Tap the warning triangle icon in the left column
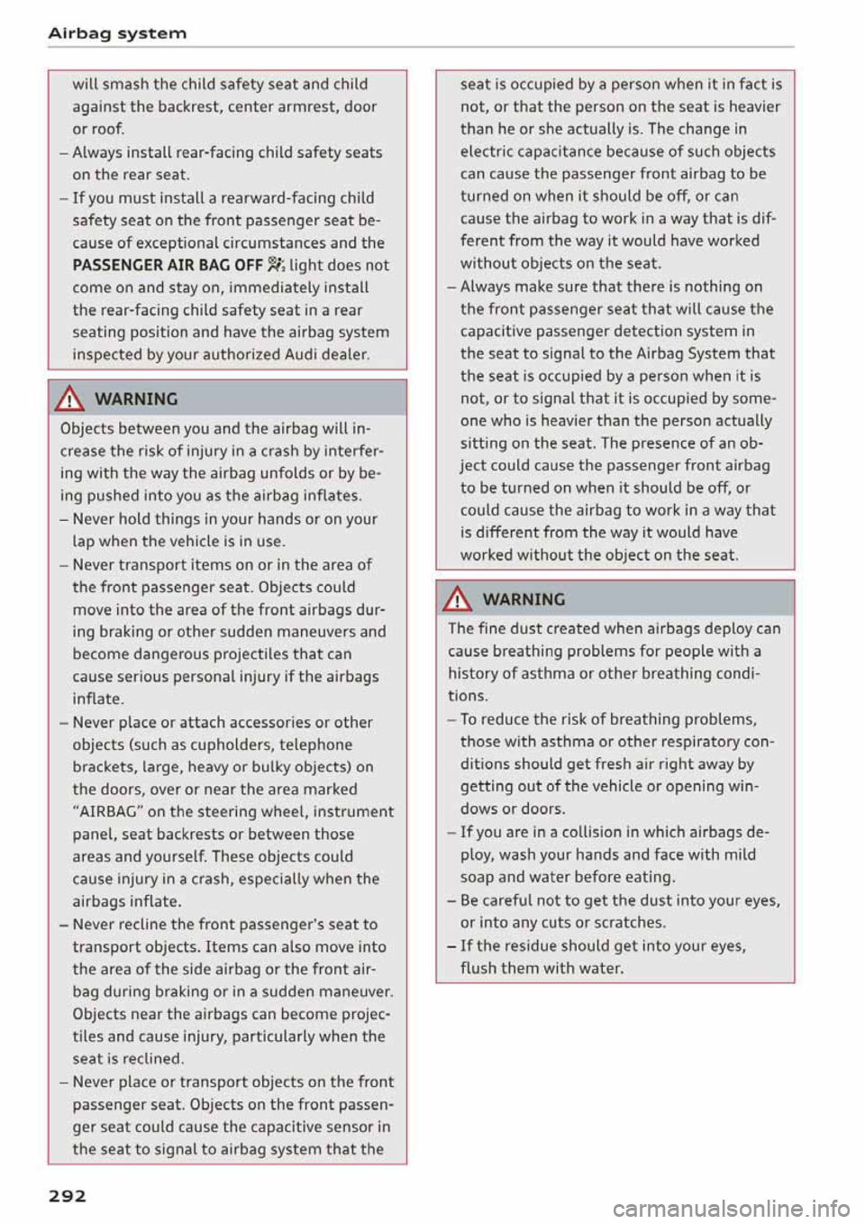pos(70,398)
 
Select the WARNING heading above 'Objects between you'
pos(136,398)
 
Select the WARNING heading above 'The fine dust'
pos(524,598)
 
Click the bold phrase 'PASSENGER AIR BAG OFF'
pos(168,265)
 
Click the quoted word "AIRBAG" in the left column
pos(106,811)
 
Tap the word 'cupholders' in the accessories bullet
pos(225,744)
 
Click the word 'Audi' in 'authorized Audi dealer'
pos(304,354)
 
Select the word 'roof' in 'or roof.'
pos(107,129)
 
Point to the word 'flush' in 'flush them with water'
pos(478,968)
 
